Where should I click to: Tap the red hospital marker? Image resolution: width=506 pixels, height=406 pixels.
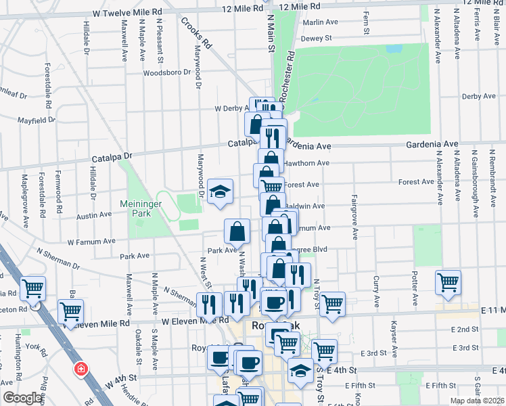click(x=80, y=369)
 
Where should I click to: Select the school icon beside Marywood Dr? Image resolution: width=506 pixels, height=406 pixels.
click(x=221, y=192)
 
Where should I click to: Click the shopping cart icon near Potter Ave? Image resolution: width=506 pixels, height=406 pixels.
click(x=448, y=284)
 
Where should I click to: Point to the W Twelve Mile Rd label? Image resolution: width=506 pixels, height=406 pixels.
click(x=128, y=12)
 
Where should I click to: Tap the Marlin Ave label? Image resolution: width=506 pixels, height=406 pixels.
click(x=320, y=22)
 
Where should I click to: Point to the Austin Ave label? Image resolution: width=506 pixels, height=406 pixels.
click(x=94, y=216)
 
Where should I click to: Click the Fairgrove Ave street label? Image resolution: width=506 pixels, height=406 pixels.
click(x=354, y=217)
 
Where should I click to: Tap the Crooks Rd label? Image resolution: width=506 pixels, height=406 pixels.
click(x=196, y=32)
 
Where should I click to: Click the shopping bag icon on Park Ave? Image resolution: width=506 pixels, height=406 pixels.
click(x=238, y=232)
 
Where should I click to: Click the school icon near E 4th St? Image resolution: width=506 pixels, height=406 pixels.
click(x=300, y=371)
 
